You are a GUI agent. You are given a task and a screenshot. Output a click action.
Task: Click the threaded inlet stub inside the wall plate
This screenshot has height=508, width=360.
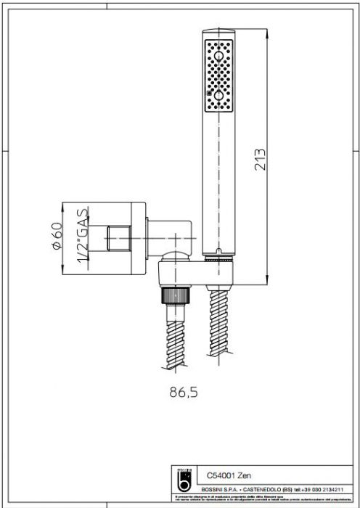[115, 237]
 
